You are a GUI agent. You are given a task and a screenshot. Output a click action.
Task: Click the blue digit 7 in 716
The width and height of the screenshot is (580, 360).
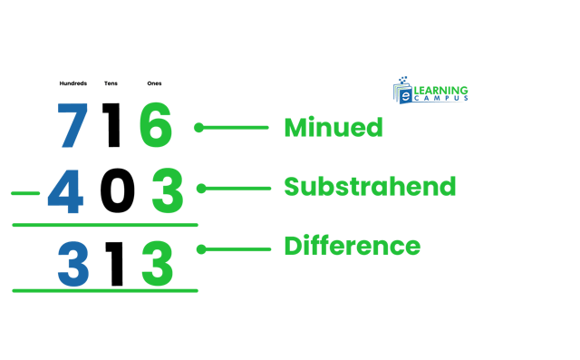tap(72, 126)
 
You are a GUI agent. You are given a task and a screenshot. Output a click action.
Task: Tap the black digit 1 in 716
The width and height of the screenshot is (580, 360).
tap(112, 126)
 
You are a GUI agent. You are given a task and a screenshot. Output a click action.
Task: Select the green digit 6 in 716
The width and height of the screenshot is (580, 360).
tap(155, 126)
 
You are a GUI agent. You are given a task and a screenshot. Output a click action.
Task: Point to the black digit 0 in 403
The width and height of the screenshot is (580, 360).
tap(117, 191)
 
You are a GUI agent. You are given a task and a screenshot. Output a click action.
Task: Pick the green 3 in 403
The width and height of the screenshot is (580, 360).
tap(167, 191)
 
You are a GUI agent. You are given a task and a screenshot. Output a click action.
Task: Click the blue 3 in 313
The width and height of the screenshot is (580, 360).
tap(72, 263)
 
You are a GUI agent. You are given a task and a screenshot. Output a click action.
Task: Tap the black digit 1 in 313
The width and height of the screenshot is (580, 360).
tap(114, 263)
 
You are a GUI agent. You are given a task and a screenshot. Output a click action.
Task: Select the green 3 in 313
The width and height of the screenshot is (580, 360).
tap(157, 263)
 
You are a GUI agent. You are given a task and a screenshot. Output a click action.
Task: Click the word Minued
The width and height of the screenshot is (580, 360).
tap(333, 128)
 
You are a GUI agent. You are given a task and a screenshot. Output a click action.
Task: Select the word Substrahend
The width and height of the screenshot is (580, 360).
tap(370, 187)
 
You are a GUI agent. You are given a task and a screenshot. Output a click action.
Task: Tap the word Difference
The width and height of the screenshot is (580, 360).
tap(352, 246)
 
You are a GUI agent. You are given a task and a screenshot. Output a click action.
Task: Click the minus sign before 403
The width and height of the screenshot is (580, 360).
tap(25, 193)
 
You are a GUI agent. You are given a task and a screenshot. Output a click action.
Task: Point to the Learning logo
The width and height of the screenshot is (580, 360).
tap(430, 91)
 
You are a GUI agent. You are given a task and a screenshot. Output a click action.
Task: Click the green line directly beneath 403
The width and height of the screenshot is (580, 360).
tap(104, 225)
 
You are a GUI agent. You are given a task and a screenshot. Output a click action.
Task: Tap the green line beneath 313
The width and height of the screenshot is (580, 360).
tap(104, 290)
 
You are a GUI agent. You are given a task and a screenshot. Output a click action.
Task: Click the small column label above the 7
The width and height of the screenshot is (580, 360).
tap(72, 83)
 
